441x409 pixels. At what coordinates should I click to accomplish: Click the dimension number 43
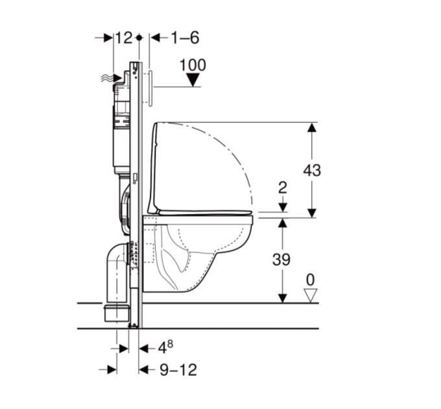[x=312, y=170]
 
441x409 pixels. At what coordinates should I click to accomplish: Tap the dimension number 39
[x=281, y=260]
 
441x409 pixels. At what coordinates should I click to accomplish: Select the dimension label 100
[x=193, y=65]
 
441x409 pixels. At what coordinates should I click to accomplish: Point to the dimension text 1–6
[x=185, y=38]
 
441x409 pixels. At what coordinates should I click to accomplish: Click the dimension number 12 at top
[x=124, y=38]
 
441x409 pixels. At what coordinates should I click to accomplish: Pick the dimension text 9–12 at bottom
[x=178, y=370]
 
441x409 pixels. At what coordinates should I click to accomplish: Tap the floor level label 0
[x=310, y=280]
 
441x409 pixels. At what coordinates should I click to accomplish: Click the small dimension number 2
[x=282, y=188]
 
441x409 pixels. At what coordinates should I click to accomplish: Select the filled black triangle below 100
[x=193, y=80]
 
